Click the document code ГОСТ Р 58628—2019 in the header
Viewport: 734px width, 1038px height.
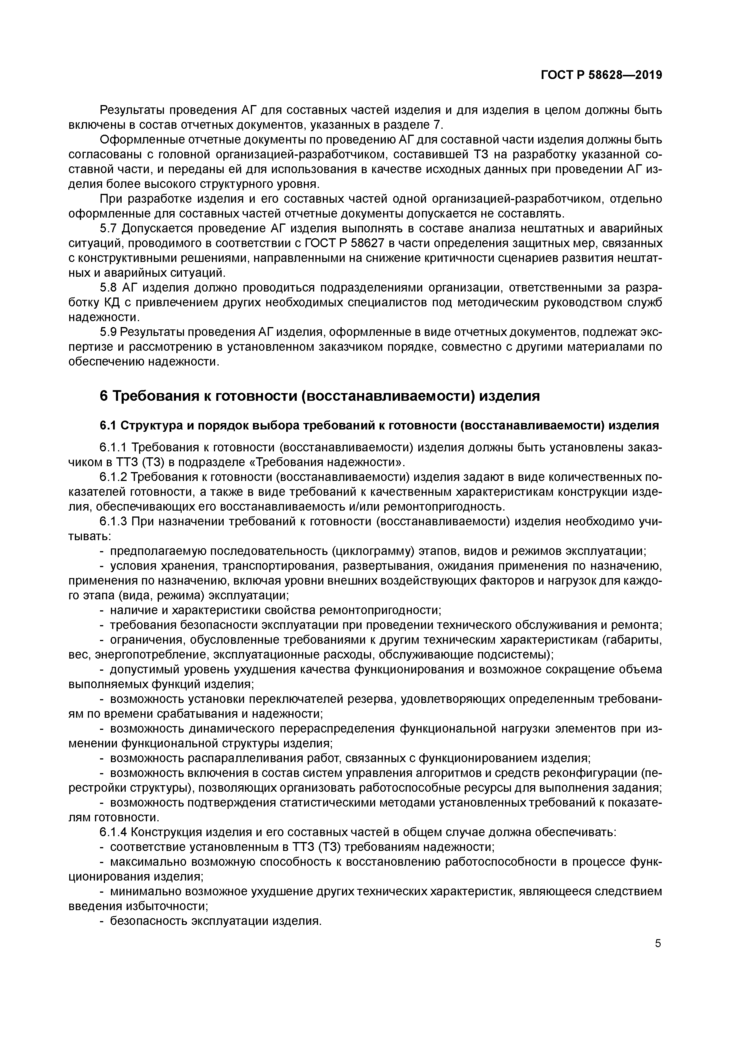click(x=601, y=75)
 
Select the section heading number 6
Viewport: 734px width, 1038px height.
click(x=104, y=396)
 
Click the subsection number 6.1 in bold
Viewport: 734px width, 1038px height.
click(x=108, y=426)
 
